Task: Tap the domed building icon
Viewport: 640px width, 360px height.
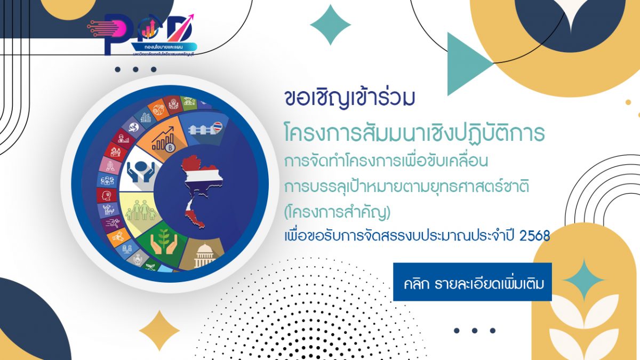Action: (x=205, y=257)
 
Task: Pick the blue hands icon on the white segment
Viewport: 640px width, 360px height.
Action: (x=140, y=171)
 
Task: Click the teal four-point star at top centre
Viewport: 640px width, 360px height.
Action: (x=330, y=25)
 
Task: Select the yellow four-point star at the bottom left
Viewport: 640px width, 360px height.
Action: (x=159, y=331)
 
